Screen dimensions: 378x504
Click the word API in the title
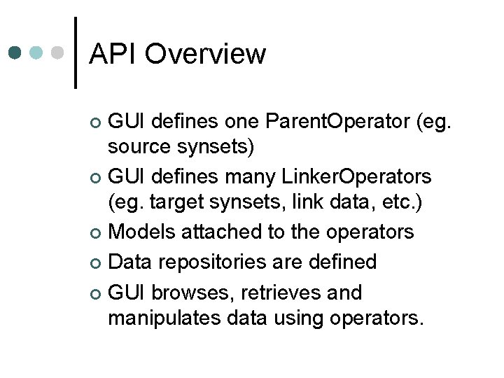[113, 54]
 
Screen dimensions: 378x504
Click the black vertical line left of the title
[76, 52]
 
